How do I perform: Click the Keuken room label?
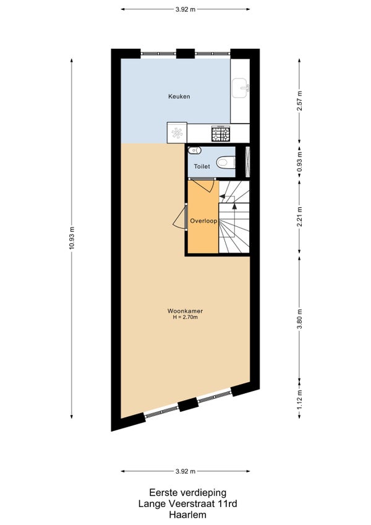(179, 96)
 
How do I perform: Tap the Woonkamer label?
(185, 311)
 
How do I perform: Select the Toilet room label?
(202, 166)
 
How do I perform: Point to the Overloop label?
(203, 221)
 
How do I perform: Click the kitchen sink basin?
(240, 88)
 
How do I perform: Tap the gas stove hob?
(221, 133)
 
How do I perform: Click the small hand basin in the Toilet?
(194, 151)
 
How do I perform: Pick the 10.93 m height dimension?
(72, 239)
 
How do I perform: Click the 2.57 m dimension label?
(300, 101)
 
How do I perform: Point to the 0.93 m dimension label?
(300, 161)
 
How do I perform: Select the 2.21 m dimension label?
(300, 216)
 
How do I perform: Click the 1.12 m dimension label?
(300, 399)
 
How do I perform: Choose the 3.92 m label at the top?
(185, 9)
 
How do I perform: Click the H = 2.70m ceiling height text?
(185, 317)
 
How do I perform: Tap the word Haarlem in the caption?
(187, 514)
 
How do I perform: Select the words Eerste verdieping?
(187, 492)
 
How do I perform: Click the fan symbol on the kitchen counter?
(177, 133)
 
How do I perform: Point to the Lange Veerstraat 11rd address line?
(187, 503)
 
